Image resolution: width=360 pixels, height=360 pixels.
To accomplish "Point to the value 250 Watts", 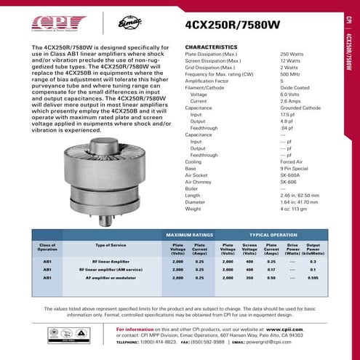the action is coord(291,55).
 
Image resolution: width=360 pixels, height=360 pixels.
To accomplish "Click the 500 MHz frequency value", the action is coord(289,74).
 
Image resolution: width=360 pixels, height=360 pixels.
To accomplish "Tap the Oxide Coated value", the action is coord(295,87).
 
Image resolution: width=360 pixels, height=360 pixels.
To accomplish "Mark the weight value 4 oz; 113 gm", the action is coord(295,209).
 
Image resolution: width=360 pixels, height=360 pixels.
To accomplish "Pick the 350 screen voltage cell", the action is coord(249,277).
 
